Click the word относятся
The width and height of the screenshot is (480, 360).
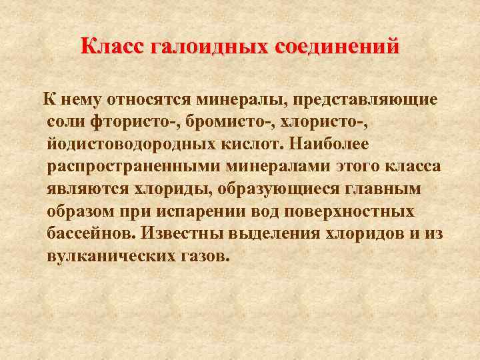(147, 100)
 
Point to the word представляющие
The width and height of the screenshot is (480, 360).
(361, 100)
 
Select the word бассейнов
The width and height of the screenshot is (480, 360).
(91, 235)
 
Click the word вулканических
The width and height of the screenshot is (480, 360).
(113, 257)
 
